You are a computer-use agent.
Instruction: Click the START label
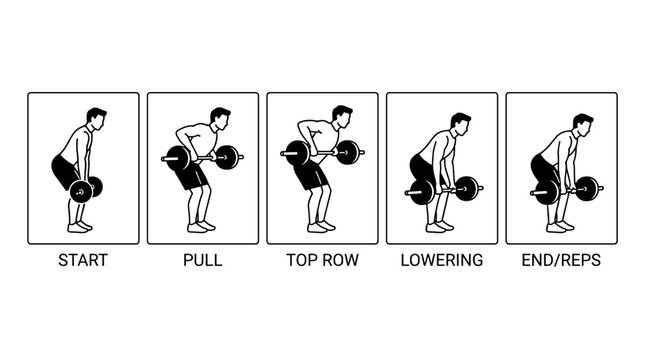click(83, 260)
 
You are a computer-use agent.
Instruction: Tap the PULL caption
click(202, 260)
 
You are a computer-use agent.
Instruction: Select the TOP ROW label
click(322, 260)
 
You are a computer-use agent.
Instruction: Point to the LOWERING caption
click(442, 260)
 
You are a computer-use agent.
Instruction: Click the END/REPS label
click(561, 260)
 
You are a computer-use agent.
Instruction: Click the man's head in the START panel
click(96, 119)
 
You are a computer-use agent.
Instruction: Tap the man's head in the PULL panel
click(220, 119)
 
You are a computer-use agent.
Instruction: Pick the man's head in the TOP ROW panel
click(342, 117)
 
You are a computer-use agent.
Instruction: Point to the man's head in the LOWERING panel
click(461, 125)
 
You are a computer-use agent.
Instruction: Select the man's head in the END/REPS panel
click(583, 125)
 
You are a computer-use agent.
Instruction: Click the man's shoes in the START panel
click(80, 227)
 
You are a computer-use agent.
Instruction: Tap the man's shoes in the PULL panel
click(201, 227)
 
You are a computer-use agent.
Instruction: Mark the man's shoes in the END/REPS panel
click(560, 227)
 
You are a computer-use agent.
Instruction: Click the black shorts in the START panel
click(65, 171)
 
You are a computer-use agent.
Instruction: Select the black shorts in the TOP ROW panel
click(312, 174)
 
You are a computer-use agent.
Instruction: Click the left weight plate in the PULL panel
click(178, 158)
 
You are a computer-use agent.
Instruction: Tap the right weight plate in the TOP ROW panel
click(348, 153)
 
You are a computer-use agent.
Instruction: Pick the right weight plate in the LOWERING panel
click(467, 189)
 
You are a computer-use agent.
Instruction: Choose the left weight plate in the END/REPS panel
click(548, 192)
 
